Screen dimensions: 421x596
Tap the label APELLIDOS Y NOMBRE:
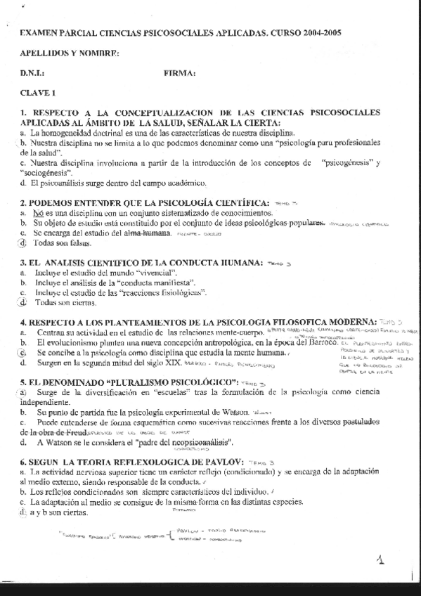(70, 53)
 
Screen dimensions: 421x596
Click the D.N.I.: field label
(33, 72)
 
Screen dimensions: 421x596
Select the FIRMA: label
(179, 72)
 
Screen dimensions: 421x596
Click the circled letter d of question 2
(24, 243)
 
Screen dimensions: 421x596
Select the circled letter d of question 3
(24, 303)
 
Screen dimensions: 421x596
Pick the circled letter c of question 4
(24, 351)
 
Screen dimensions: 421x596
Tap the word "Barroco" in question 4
(322, 342)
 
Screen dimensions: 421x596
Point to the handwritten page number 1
(380, 561)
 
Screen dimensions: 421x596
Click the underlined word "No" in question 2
(39, 212)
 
